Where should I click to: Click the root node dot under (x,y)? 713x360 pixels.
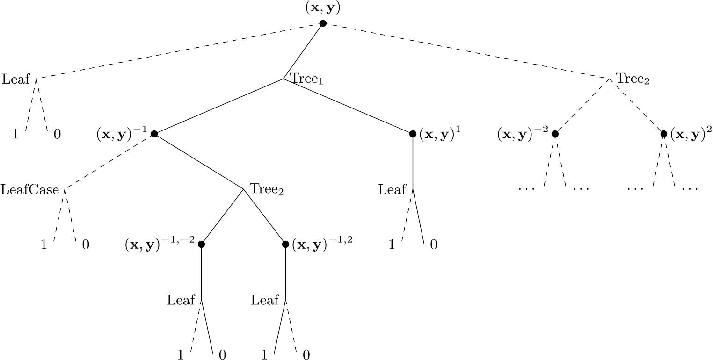point(323,24)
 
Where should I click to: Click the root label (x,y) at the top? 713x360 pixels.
point(323,8)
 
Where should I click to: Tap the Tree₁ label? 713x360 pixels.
point(307,79)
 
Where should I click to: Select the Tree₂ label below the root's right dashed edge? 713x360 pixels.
point(633,79)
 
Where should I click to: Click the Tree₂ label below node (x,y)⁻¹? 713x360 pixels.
point(267,189)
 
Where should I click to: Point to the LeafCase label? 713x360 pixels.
point(30,190)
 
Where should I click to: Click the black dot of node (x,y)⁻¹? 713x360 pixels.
point(153,134)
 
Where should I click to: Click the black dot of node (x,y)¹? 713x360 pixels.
point(413,134)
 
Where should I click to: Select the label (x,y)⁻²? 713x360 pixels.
point(523,134)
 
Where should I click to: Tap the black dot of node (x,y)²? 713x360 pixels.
point(663,134)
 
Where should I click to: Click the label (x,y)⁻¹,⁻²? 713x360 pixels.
point(160,244)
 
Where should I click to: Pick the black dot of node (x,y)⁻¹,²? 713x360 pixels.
point(285,244)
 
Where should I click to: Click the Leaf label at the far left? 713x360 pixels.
point(16,79)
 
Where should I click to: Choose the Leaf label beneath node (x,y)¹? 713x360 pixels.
point(392,189)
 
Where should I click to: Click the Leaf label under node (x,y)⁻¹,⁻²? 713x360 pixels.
point(181,300)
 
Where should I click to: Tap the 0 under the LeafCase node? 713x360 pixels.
point(86,245)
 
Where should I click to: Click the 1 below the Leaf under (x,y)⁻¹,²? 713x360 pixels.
point(264,355)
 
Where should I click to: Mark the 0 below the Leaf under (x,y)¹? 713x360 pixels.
point(434,245)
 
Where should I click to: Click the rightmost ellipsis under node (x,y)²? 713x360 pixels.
point(690,189)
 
